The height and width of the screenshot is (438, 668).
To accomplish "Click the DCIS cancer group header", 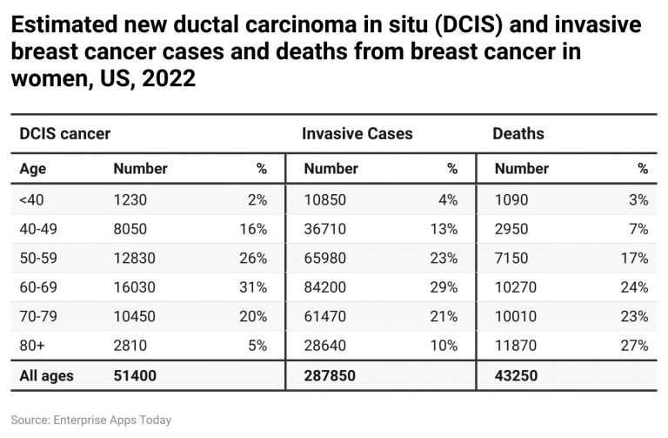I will (x=64, y=134).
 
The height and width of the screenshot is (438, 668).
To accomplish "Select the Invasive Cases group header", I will (x=357, y=134).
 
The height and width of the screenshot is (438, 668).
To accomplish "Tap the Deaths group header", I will (x=518, y=134).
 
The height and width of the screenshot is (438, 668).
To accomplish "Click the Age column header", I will (x=33, y=168).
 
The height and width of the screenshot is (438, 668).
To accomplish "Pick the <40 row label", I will (x=31, y=199).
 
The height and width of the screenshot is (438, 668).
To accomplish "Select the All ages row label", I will (x=47, y=376).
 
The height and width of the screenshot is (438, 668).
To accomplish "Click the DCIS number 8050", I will (x=130, y=229).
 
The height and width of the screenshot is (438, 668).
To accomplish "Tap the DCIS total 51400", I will (x=134, y=376).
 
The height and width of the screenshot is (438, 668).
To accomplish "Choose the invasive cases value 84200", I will (x=325, y=287).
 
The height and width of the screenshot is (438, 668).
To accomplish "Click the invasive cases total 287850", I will (x=330, y=376).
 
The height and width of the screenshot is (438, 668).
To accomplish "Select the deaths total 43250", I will (x=517, y=376).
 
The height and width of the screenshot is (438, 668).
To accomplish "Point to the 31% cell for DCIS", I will (x=255, y=287).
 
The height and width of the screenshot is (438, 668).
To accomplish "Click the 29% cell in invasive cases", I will (x=444, y=287).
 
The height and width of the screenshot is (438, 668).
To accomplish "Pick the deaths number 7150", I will (x=512, y=259).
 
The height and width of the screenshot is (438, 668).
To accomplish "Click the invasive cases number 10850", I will (x=325, y=199).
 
